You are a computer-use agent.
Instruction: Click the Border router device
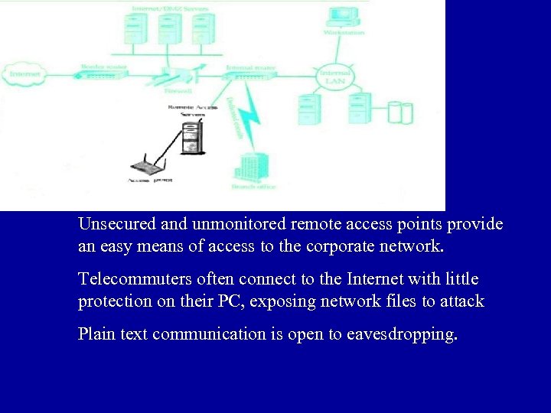point(103,73)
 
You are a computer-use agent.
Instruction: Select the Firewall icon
point(174,76)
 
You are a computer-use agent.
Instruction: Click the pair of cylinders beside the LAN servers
point(400,113)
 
